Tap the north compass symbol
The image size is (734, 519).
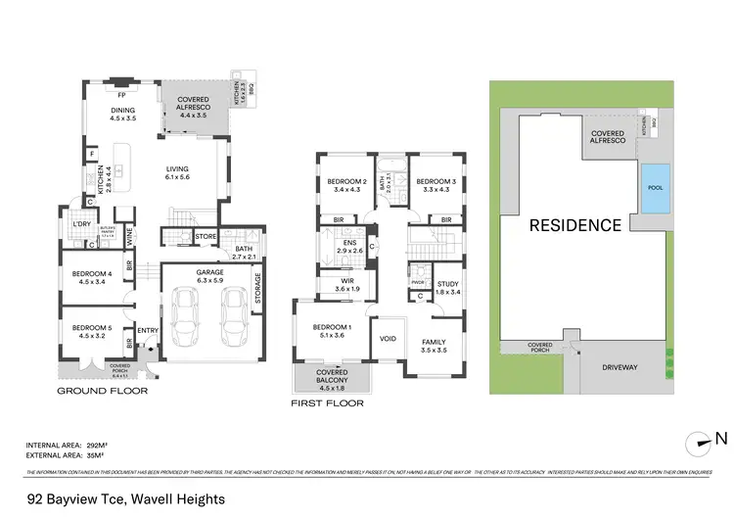tap(701, 440)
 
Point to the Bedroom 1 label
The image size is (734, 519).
tap(332, 330)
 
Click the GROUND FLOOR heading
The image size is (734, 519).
tap(102, 391)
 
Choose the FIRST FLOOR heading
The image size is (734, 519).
tap(327, 403)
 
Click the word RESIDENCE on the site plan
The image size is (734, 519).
tap(574, 225)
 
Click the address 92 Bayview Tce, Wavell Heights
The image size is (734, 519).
tap(126, 499)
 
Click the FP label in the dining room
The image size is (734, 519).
tap(122, 96)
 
